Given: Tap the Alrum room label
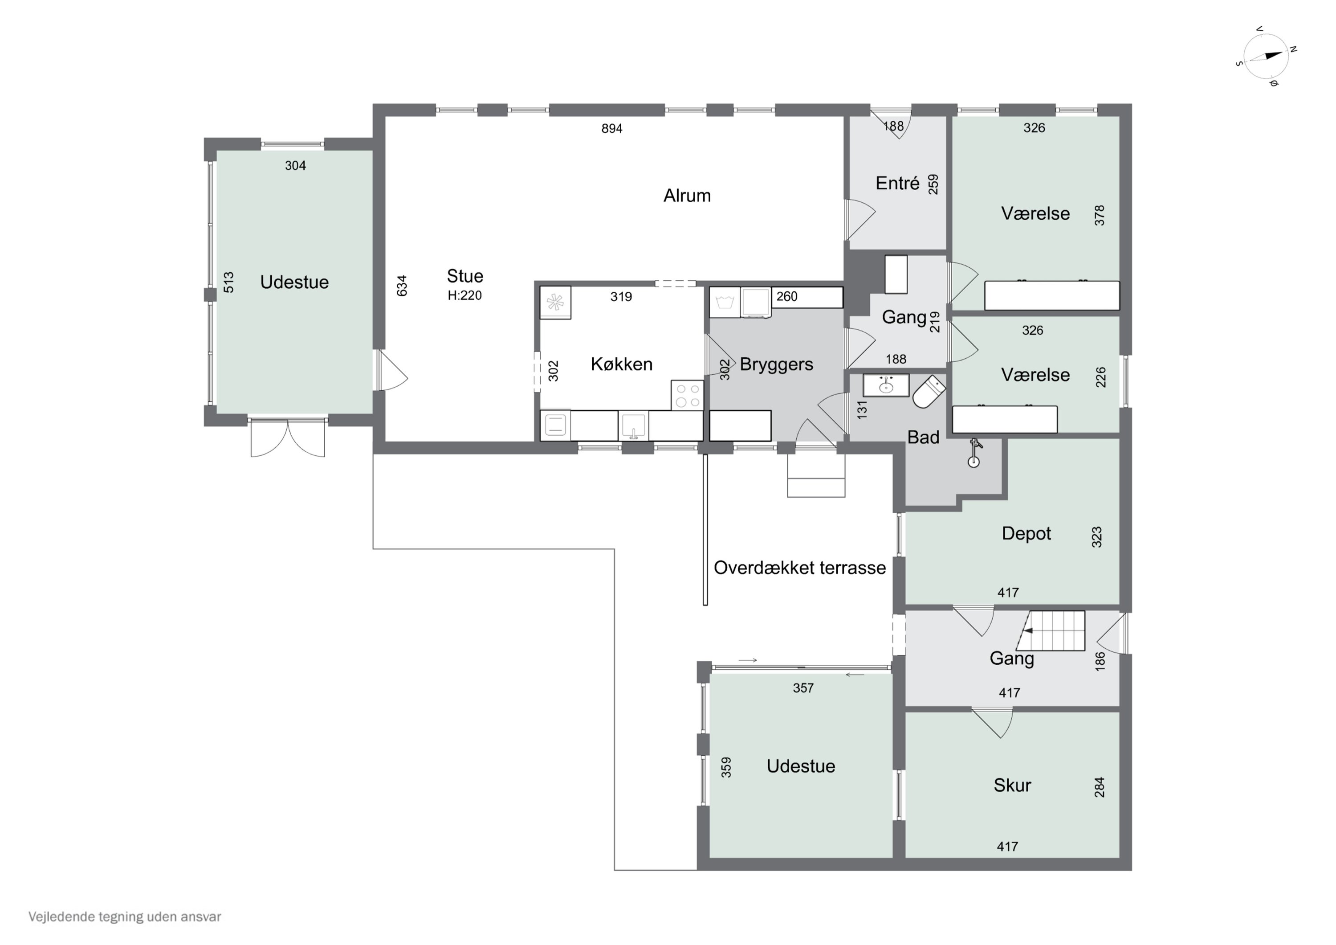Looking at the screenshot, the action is [x=687, y=196].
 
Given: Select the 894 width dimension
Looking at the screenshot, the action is [x=611, y=129].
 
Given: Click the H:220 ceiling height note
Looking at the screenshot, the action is [x=464, y=296].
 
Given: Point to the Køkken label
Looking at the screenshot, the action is [x=621, y=364].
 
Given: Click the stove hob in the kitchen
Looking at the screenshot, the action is [x=687, y=395].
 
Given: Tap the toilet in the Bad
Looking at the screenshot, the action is [x=929, y=391].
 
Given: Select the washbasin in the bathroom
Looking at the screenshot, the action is [x=886, y=385].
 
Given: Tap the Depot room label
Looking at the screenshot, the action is [x=1026, y=533].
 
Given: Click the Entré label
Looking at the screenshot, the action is [x=897, y=184].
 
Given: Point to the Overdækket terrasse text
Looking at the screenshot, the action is [x=799, y=568].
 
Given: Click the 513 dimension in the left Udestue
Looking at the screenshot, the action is [x=229, y=282].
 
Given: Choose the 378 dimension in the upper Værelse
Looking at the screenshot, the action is [x=1099, y=216].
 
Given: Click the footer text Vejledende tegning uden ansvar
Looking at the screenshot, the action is [x=125, y=917].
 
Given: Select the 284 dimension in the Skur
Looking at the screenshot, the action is [x=1099, y=787].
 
